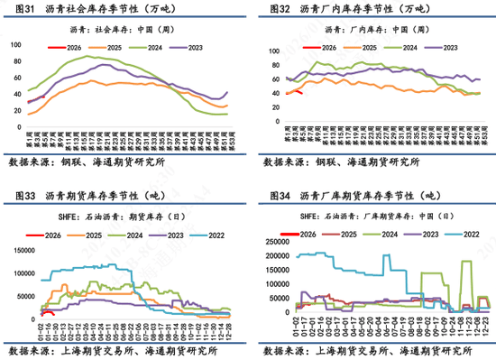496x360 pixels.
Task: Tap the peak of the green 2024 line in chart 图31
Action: [88, 57]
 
